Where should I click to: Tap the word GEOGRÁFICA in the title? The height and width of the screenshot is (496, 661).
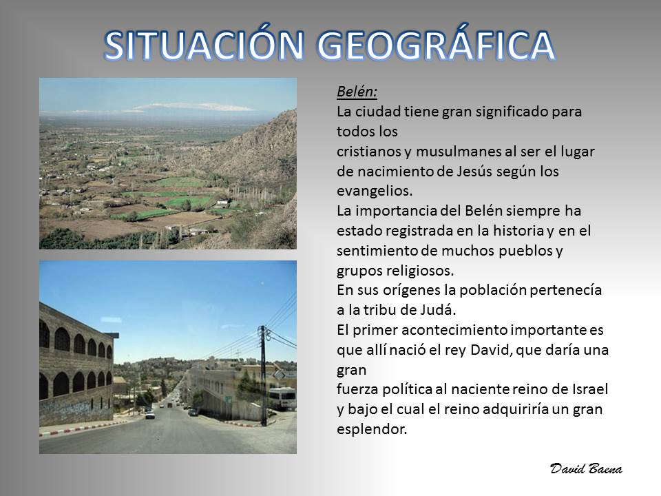(x=436, y=45)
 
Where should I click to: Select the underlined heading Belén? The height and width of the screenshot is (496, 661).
(x=357, y=92)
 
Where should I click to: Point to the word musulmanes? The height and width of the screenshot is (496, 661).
(x=461, y=152)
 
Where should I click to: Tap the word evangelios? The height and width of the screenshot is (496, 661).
(x=375, y=191)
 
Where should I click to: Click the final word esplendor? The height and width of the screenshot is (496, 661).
(x=372, y=429)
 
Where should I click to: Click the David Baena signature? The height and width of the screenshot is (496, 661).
(x=586, y=468)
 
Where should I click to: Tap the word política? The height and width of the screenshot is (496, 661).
(x=407, y=389)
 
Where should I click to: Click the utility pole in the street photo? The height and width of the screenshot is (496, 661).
(x=264, y=375)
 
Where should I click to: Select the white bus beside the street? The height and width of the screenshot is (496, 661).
(x=282, y=399)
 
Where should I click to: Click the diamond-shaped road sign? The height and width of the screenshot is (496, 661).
(x=280, y=375)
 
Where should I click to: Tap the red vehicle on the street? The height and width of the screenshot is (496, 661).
(x=169, y=405)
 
